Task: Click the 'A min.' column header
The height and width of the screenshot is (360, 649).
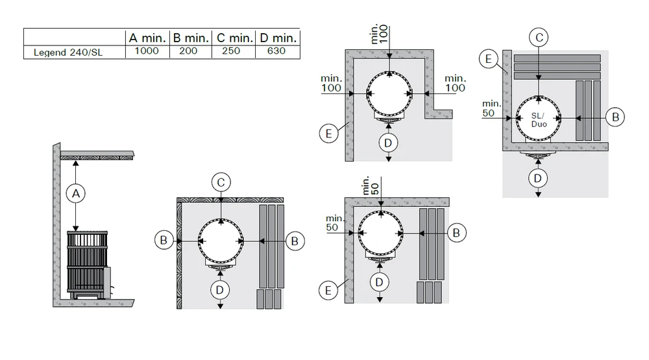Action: [x=147, y=38]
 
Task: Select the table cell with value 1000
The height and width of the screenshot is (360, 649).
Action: [x=147, y=51]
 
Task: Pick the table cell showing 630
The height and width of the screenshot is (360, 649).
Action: [x=276, y=51]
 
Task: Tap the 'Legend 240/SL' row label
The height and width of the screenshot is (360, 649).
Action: [x=68, y=53]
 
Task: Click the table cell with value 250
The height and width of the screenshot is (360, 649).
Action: [x=231, y=51]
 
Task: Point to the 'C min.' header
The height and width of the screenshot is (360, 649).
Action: [x=235, y=38]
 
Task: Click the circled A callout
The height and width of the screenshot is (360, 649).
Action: [x=76, y=193]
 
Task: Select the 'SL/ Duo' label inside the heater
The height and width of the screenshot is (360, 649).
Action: [x=539, y=120]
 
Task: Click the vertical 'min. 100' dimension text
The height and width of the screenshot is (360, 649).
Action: [x=380, y=34]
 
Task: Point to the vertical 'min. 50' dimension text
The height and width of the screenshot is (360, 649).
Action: [x=371, y=186]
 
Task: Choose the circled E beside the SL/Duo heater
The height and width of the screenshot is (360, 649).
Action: [x=489, y=59]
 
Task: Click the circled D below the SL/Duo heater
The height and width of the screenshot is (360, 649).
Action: [x=537, y=178]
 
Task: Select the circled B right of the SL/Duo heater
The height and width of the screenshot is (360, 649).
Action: [x=615, y=117]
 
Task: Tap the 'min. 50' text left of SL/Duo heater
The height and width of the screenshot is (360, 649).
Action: [x=491, y=108]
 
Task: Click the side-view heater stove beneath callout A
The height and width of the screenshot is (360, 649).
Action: [x=88, y=265]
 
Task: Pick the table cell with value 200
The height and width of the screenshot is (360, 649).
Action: [x=188, y=51]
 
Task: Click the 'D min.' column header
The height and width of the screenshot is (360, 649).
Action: [x=278, y=38]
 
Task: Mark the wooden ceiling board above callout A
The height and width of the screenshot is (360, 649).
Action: [x=97, y=155]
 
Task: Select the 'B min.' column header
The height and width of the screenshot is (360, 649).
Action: [x=191, y=38]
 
